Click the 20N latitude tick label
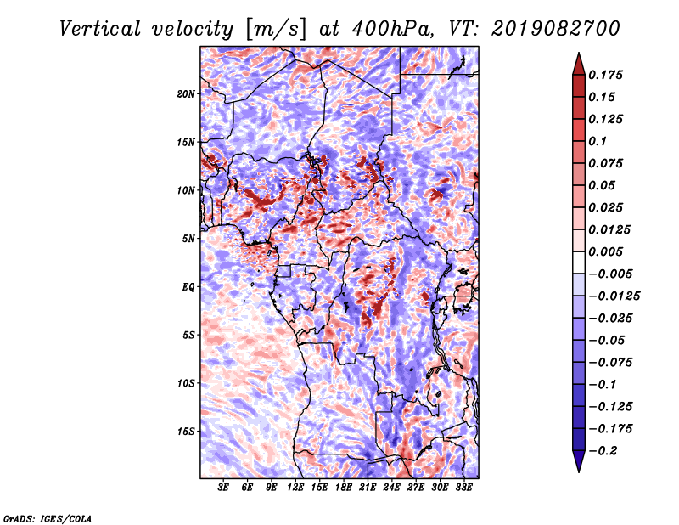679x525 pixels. click(187, 93)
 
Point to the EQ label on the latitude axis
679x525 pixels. click(189, 287)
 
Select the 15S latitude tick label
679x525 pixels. click(187, 432)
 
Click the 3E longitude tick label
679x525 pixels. click(224, 488)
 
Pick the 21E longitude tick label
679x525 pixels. click(368, 488)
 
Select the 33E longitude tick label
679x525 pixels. click(463, 488)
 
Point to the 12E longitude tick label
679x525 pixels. click(295, 488)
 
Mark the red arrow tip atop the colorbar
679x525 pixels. click(578, 57)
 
